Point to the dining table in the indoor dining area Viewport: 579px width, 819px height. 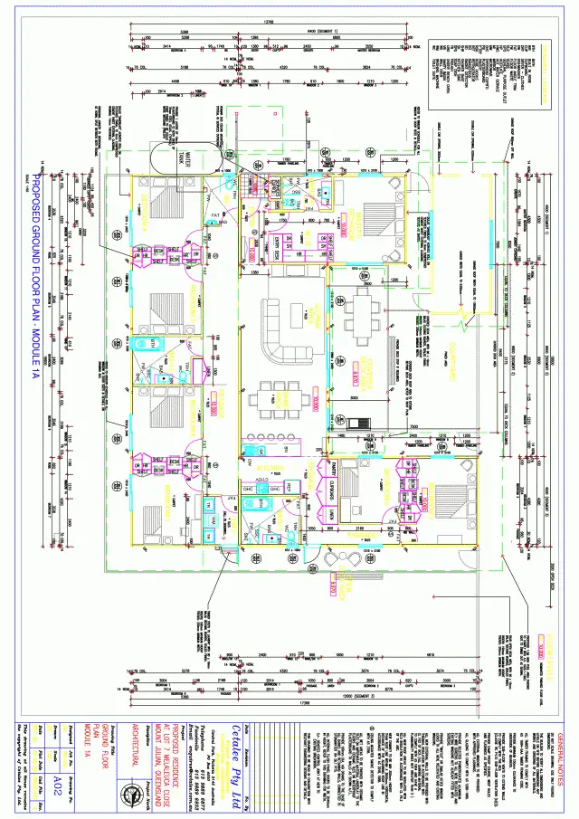pyautogui.click(x=271, y=395)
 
